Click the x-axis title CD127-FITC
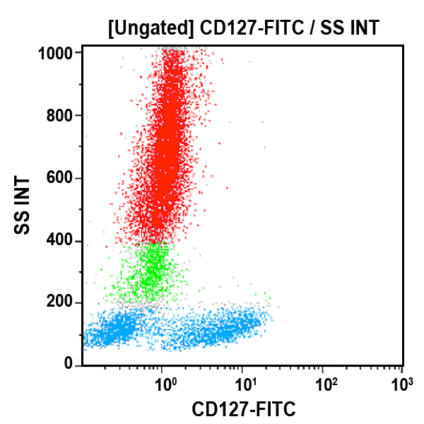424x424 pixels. [244, 409]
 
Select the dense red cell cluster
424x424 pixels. [167, 155]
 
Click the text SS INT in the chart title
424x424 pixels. [349, 29]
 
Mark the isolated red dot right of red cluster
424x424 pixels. [228, 188]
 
